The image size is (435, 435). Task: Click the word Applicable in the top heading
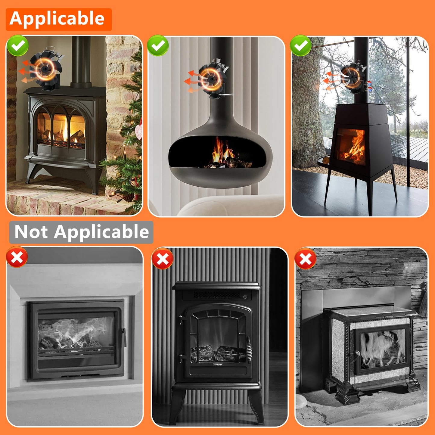[57, 19]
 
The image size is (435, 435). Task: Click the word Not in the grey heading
[31, 232]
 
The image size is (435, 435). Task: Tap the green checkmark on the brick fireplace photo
[17, 45]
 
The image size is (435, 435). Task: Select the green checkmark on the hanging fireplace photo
[158, 45]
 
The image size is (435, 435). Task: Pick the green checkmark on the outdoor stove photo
[300, 45]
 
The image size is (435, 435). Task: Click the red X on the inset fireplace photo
[17, 257]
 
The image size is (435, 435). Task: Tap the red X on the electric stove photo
[163, 258]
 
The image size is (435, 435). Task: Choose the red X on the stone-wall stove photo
[305, 258]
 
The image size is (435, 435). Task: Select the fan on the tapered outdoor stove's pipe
[354, 77]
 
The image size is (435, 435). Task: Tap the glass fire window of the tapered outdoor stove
[351, 146]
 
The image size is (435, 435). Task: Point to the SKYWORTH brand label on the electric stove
[218, 365]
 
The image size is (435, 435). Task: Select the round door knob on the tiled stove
[358, 353]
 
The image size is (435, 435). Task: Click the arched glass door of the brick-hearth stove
[62, 128]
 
